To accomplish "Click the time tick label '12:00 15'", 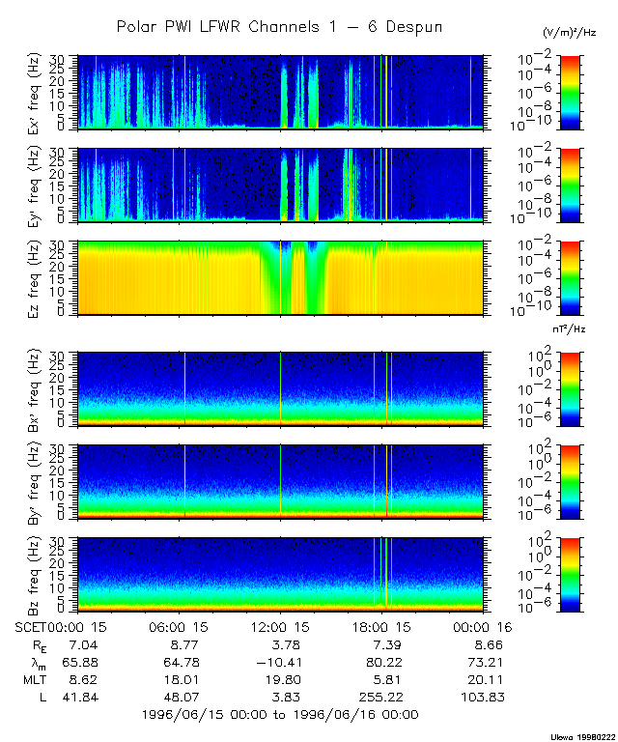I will (280, 626).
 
